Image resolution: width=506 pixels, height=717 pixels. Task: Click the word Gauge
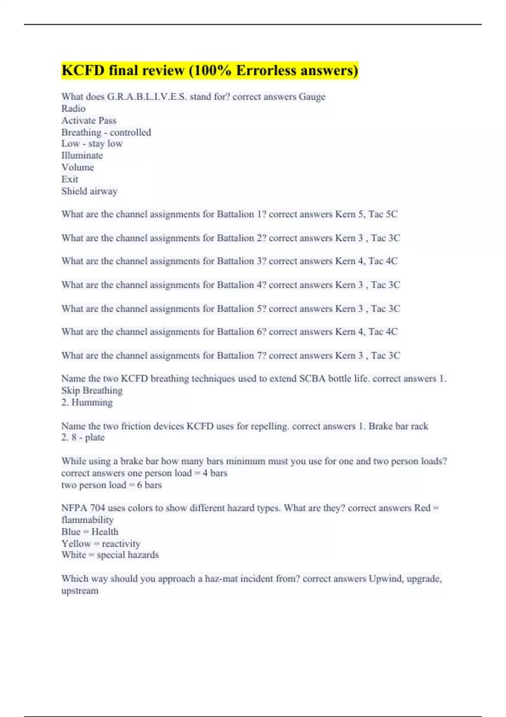tap(312, 97)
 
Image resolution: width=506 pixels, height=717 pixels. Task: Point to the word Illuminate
tap(82, 156)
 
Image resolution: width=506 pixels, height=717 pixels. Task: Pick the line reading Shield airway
tap(89, 191)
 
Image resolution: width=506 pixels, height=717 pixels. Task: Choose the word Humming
tap(92, 402)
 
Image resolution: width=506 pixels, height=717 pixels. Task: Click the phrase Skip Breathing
tap(92, 391)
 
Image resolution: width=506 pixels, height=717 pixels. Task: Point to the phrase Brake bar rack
tap(398, 426)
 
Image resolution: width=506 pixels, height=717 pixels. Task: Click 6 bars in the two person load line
tap(149, 485)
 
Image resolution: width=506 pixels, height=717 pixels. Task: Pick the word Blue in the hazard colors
tap(71, 532)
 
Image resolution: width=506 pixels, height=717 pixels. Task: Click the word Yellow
tap(76, 544)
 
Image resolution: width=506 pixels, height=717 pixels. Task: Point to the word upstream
tap(80, 590)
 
